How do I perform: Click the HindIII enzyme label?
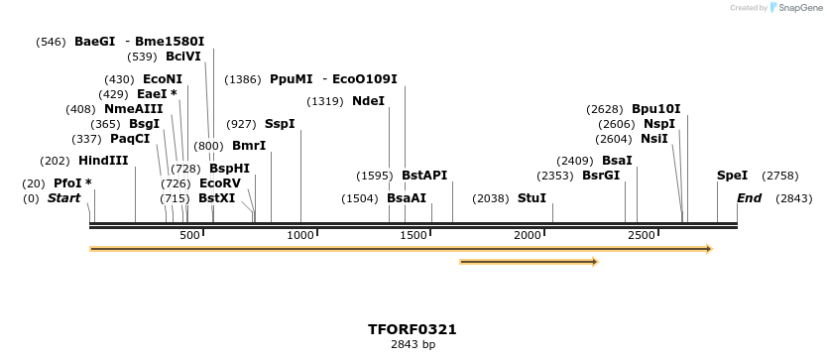click(103, 161)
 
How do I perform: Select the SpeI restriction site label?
click(732, 176)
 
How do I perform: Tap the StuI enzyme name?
click(532, 198)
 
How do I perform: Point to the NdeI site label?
click(368, 101)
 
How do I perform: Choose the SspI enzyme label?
click(280, 124)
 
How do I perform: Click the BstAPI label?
click(424, 176)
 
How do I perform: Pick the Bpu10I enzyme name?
click(656, 109)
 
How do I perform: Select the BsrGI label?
click(601, 176)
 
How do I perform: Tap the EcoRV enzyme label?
click(220, 183)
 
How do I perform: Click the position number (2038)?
click(490, 198)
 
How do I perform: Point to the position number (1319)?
click(325, 101)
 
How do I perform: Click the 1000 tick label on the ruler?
click(300, 235)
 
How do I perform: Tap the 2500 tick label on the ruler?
click(642, 235)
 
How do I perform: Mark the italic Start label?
click(63, 198)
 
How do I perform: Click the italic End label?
click(749, 198)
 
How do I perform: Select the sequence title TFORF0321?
click(413, 329)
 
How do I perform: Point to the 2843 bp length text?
click(413, 345)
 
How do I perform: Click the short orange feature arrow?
click(529, 262)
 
